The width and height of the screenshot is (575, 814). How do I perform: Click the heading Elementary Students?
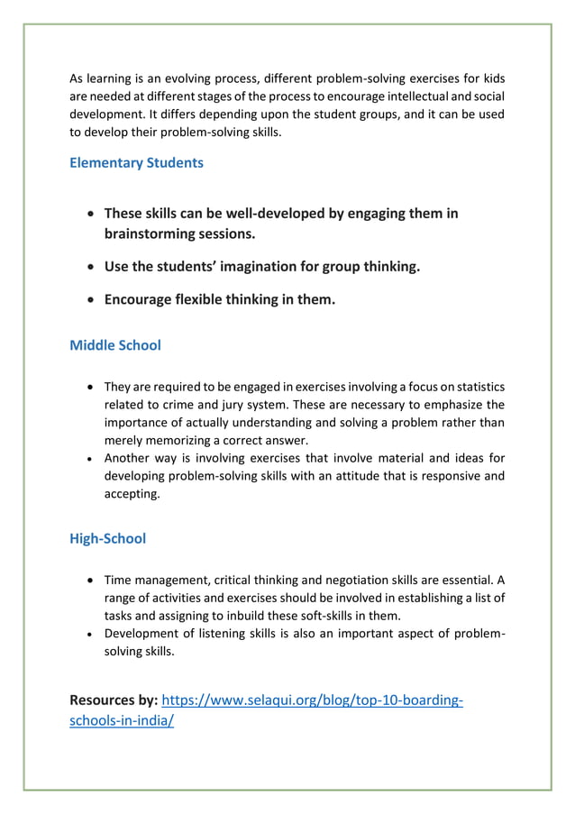[x=136, y=163]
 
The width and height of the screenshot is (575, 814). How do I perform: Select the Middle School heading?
[x=115, y=345]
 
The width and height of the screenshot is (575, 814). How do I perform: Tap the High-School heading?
[x=107, y=539]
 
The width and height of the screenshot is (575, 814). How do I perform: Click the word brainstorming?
[x=149, y=233]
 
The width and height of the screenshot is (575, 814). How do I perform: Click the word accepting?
[x=132, y=494]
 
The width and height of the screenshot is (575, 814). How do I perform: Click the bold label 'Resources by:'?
[x=114, y=700]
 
